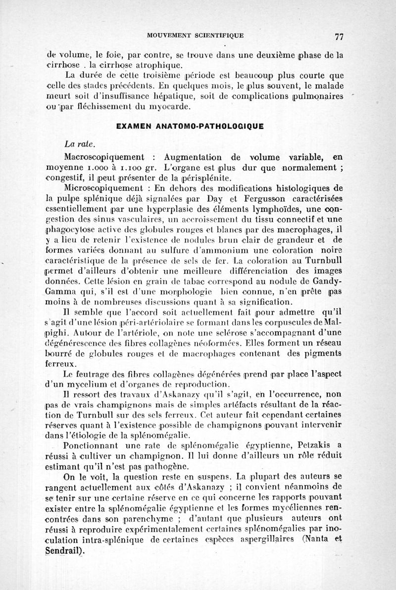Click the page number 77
339,36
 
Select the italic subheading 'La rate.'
79,145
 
